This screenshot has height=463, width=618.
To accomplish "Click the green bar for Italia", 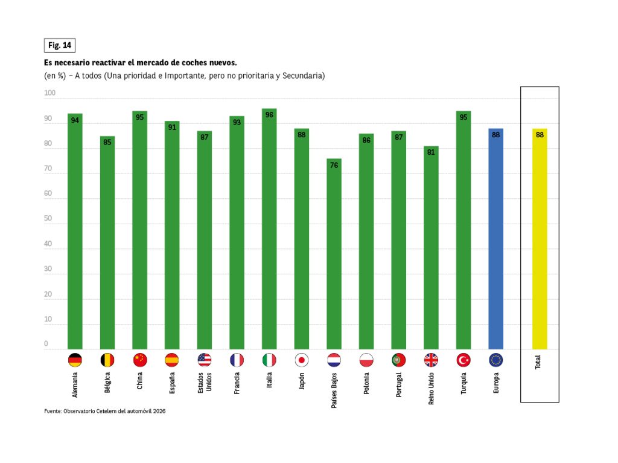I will pyautogui.click(x=269, y=230).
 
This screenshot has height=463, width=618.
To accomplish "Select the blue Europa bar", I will pyautogui.click(x=496, y=239).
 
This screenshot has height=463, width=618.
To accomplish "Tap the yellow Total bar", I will pyautogui.click(x=540, y=239).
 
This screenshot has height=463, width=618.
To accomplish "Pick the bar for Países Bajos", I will pyautogui.click(x=334, y=254).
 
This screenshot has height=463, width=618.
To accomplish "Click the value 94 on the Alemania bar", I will pyautogui.click(x=75, y=120).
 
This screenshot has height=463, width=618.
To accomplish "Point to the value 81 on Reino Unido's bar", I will pyautogui.click(x=431, y=152).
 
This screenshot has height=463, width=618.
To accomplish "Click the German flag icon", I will pyautogui.click(x=75, y=360).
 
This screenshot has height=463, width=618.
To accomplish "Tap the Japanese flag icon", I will pyautogui.click(x=302, y=360).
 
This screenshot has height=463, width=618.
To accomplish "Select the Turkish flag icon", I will pyautogui.click(x=463, y=360).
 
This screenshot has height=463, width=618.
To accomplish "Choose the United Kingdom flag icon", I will pyautogui.click(x=431, y=360).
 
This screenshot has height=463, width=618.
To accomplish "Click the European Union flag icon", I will pyautogui.click(x=496, y=360).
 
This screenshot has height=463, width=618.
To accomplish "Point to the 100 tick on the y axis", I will pyautogui.click(x=49, y=93).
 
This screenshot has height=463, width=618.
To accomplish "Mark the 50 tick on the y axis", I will pyautogui.click(x=48, y=219).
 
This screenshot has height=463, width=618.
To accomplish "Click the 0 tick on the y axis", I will pyautogui.click(x=46, y=344).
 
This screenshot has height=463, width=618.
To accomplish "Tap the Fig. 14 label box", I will pyautogui.click(x=60, y=45).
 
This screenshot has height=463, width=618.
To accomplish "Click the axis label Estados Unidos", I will pyautogui.click(x=205, y=383).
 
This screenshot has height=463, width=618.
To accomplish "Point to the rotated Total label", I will pyautogui.click(x=538, y=363).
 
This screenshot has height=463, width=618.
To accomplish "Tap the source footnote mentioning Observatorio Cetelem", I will pyautogui.click(x=105, y=411).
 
